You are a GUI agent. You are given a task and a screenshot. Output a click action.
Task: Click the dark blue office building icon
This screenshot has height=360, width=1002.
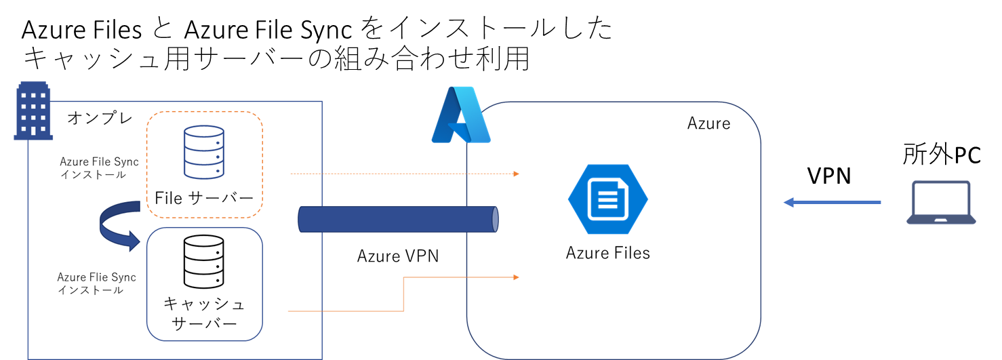pyautogui.click(x=33, y=111)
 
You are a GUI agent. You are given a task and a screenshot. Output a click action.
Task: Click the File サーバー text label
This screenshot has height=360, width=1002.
pyautogui.click(x=204, y=198)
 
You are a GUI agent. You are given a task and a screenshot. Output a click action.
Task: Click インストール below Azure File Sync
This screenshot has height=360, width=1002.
pyautogui.click(x=92, y=174)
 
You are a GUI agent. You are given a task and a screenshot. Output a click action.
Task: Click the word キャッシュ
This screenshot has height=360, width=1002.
pyautogui.click(x=204, y=302)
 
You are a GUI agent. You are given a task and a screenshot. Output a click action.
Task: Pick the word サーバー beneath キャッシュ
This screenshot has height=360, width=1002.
pyautogui.click(x=204, y=323)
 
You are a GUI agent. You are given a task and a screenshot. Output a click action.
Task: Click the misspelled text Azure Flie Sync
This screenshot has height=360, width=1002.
pyautogui.click(x=96, y=277)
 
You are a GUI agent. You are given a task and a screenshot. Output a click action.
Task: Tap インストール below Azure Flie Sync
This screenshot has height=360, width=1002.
pyautogui.click(x=91, y=290)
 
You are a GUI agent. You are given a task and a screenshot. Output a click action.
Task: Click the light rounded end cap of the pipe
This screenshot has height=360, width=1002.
pyautogui.click(x=495, y=219)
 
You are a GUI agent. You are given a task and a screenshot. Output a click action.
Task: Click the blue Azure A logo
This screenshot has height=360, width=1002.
pyautogui.click(x=460, y=115)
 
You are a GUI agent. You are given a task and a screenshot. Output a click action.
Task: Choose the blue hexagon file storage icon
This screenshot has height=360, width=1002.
pyautogui.click(x=607, y=199)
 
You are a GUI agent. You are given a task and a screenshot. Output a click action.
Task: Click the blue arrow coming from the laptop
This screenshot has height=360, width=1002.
pyautogui.click(x=832, y=202)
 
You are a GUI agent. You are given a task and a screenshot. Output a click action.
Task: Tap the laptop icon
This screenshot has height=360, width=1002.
pyautogui.click(x=941, y=202)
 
